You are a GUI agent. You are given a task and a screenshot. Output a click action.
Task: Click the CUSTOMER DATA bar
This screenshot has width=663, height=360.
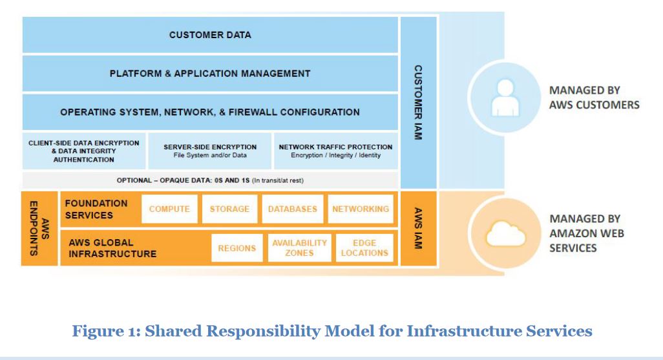coord(210,35)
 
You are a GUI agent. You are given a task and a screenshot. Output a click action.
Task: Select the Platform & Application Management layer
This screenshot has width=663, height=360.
coord(210,74)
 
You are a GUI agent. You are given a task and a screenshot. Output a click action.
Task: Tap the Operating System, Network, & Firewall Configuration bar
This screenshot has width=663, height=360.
coord(210,112)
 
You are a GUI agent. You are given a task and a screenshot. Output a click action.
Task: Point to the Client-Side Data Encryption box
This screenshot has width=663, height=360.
coord(84,151)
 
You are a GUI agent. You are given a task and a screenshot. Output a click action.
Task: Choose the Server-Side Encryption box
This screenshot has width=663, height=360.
coord(210,151)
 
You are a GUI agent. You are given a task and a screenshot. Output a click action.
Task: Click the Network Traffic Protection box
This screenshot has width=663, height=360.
coord(335,151)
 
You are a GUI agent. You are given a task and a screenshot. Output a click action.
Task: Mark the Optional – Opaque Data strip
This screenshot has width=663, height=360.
coord(210,180)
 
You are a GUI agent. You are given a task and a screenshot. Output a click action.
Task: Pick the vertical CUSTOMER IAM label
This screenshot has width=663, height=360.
coord(418,103)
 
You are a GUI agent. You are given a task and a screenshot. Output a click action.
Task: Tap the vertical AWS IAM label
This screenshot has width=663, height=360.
coord(418,228)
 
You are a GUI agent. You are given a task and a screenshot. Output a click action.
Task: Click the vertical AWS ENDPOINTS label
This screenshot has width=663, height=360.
coord(39,228)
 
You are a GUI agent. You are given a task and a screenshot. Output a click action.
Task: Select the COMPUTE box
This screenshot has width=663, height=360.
coord(169,209)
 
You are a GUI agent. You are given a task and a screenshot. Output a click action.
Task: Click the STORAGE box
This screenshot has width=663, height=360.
coord(229,209)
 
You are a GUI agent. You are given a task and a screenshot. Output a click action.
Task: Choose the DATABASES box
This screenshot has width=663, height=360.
coord(293,209)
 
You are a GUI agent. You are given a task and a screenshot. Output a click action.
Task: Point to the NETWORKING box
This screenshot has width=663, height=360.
coord(361,209)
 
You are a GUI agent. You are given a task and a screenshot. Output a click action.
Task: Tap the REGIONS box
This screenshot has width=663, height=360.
coord(237,248)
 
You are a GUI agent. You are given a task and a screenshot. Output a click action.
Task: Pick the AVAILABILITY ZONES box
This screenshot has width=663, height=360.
coord(299,248)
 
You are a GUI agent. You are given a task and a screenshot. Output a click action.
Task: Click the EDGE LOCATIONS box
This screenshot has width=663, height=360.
coord(364,248)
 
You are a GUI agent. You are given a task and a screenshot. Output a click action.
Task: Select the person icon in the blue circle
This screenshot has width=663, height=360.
coord(504,97)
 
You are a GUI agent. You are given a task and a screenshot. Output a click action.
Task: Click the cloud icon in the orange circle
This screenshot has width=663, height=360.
coord(505,235)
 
